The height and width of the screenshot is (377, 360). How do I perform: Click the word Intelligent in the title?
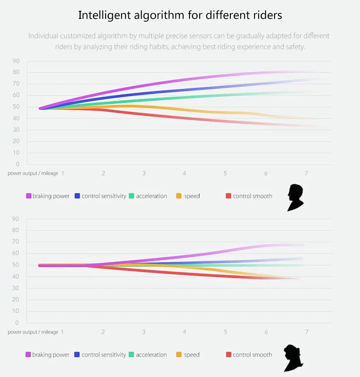[104, 15]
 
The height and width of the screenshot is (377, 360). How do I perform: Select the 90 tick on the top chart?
[16, 61]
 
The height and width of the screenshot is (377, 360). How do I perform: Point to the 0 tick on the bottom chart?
[17, 322]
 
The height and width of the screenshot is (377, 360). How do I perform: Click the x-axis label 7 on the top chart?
[306, 173]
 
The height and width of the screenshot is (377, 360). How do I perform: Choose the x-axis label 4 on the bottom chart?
[184, 332]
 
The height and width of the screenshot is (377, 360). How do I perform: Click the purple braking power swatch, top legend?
[29, 196]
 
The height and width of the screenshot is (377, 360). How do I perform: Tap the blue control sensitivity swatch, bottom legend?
[77, 354]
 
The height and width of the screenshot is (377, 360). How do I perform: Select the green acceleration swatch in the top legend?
[131, 196]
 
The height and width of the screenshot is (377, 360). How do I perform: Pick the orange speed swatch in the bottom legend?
[179, 354]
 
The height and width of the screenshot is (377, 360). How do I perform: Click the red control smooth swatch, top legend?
[228, 196]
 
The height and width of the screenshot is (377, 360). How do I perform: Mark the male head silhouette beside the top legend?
[295, 198]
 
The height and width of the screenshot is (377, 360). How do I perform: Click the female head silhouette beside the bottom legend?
[293, 358]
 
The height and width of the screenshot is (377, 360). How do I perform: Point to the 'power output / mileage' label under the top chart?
[33, 173]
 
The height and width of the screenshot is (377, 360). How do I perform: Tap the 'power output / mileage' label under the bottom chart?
[33, 332]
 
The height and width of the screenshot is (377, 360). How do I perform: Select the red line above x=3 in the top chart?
[144, 115]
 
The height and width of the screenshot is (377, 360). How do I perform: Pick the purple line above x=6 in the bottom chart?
[266, 246]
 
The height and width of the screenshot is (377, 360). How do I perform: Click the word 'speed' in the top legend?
[192, 196]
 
